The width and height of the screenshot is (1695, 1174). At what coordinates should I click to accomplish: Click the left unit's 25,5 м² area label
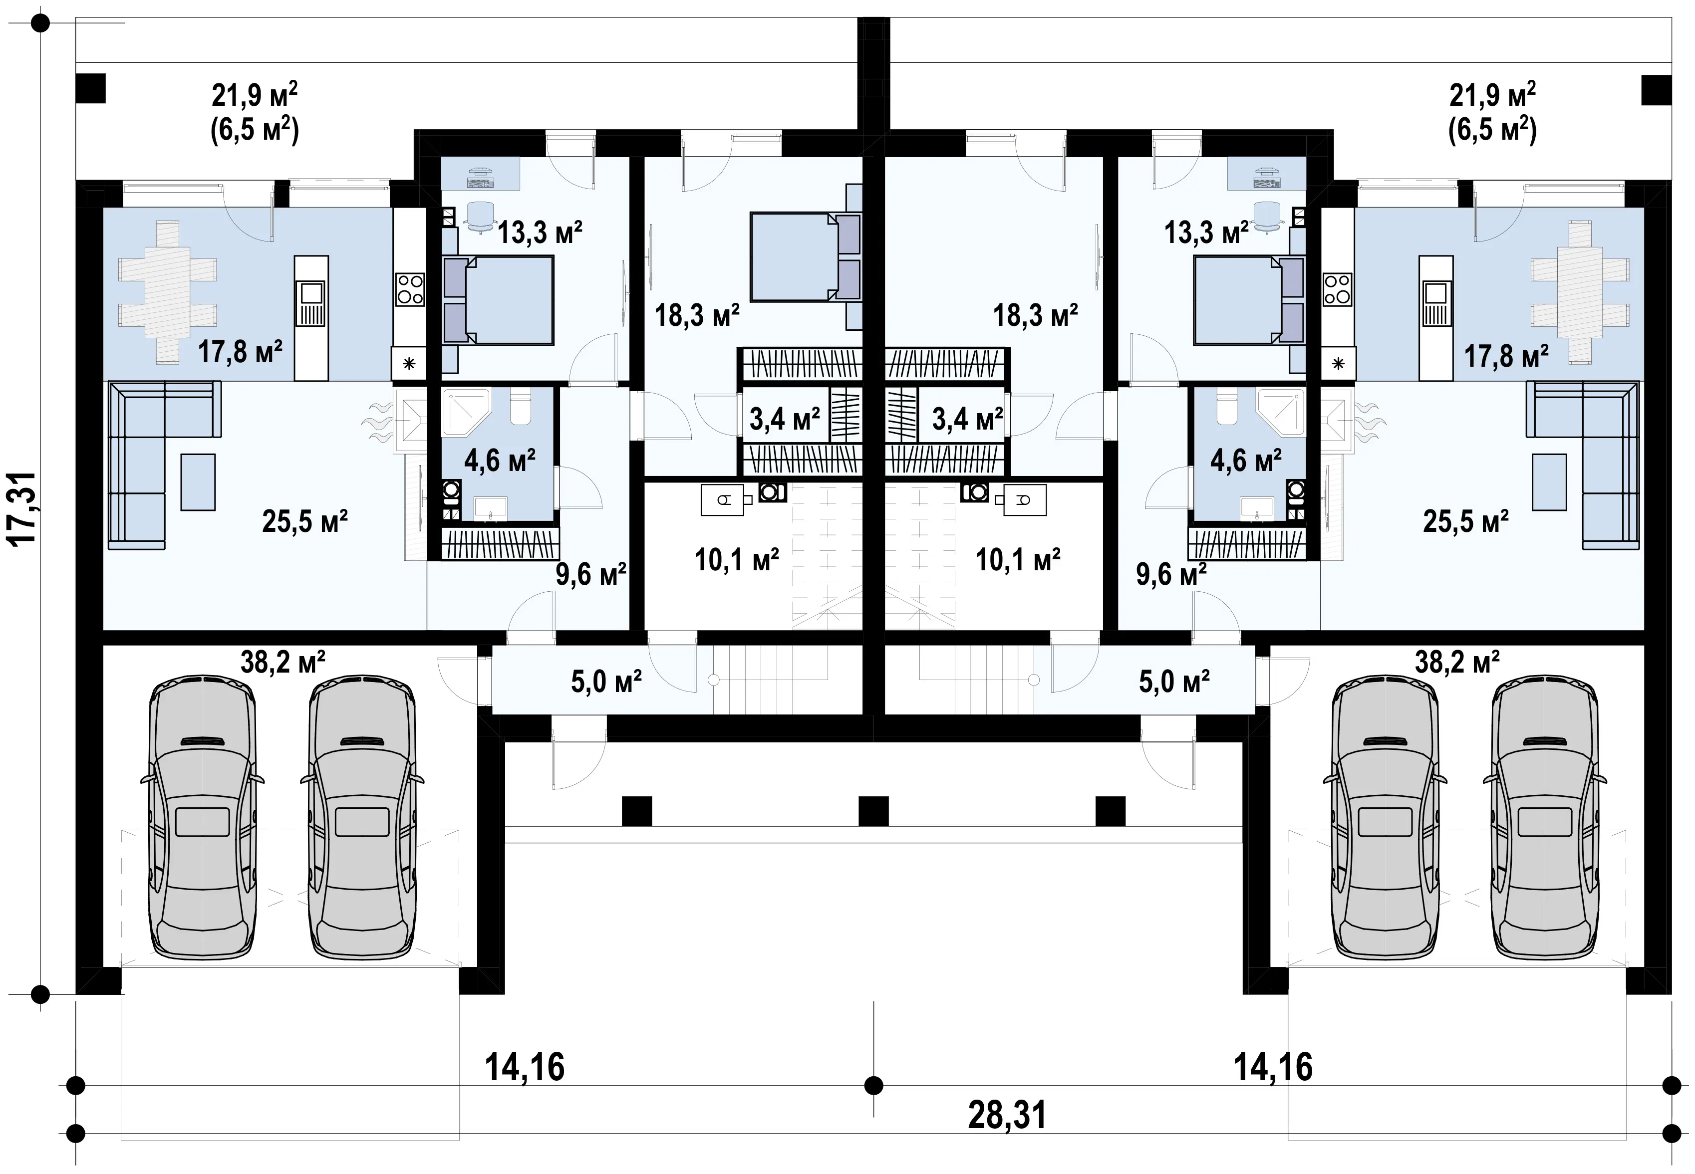pos(304,521)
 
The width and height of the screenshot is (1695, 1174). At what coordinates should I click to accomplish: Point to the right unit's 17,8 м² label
pos(1506,356)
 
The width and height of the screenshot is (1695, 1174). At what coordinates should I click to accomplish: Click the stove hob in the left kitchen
pos(410,289)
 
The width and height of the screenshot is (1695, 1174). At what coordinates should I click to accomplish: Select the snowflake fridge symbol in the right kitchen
pos(1338,363)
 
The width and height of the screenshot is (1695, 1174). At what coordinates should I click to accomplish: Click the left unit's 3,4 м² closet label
pos(784,420)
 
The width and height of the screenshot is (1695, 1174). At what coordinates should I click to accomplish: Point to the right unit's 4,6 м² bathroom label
pos(1245,461)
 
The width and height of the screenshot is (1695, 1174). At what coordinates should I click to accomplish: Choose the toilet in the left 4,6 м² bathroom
pos(520,408)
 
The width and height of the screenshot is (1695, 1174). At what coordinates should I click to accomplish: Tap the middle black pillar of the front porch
pos(873,811)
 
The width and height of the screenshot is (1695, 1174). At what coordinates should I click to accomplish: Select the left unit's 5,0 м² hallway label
pos(606,681)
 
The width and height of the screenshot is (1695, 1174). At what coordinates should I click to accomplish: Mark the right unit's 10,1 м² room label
pos(1018,560)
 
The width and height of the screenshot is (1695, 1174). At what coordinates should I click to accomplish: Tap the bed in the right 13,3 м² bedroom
pos(1248,300)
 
